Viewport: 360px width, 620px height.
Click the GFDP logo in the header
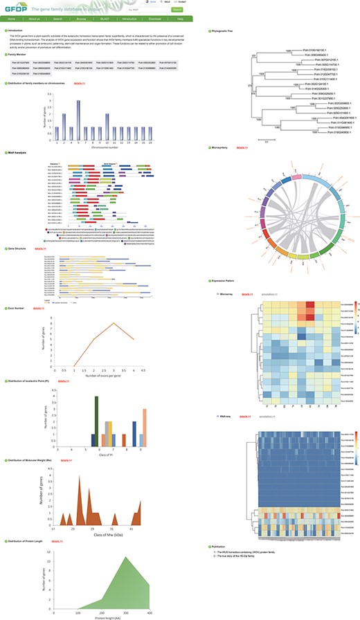(15, 8)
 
